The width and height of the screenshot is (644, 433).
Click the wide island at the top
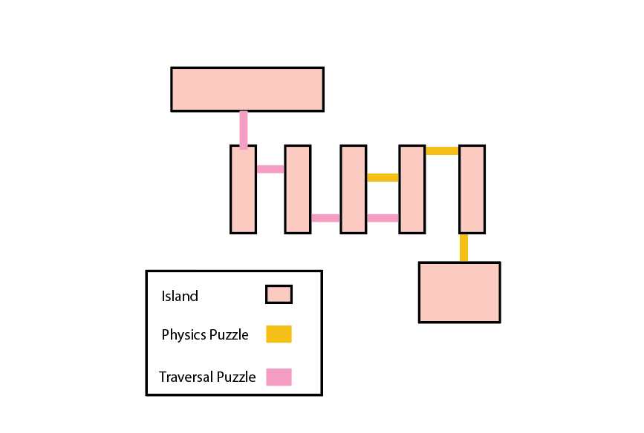point(247,89)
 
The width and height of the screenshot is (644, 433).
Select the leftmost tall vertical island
point(243,189)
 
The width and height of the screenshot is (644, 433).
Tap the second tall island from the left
point(297,189)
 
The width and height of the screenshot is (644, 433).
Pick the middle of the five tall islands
point(354,189)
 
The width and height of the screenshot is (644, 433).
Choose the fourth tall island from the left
point(412,189)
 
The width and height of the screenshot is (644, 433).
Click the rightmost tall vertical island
point(472,189)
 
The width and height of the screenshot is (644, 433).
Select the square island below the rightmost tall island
point(459,292)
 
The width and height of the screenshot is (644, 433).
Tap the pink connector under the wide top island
point(244,128)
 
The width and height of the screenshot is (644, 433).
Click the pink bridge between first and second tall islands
point(270,169)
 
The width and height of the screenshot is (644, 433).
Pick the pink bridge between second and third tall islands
point(325,218)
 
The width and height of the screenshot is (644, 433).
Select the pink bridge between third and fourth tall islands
point(383,218)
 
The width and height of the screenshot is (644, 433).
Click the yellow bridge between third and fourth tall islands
point(383,177)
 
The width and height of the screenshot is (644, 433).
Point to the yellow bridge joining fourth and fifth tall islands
point(441,151)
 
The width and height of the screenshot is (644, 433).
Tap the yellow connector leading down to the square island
point(464,248)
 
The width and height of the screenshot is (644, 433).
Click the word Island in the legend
point(180,297)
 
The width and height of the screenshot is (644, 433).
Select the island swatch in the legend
point(279,295)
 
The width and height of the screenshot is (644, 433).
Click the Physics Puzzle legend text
point(205,334)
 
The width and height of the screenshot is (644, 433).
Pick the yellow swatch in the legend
point(279,334)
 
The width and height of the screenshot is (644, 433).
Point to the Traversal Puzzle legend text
point(207,377)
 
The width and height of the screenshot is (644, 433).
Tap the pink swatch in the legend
point(279,377)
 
